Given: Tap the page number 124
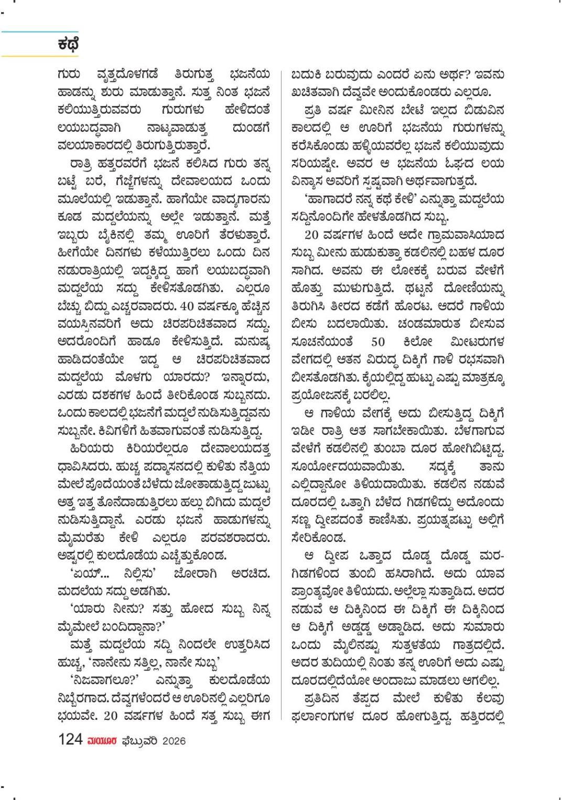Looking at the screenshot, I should (x=71, y=740).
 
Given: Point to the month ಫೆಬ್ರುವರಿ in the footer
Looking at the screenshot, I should (x=139, y=741).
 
